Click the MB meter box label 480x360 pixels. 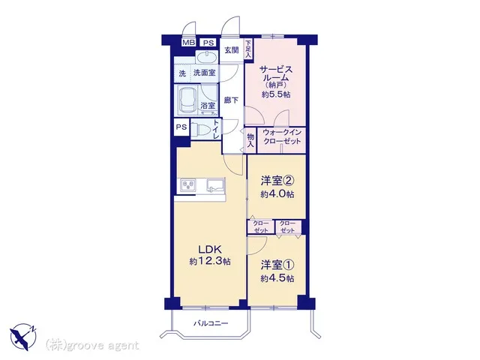click(x=188, y=43)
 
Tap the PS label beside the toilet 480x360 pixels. click(x=181, y=127)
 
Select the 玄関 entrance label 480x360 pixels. click(x=232, y=50)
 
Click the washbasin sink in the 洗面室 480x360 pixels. click(x=207, y=57)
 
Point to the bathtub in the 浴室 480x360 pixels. click(x=187, y=100)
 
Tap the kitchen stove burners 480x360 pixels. click(x=188, y=185)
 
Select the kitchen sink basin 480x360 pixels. click(x=216, y=185)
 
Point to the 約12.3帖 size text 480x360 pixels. click(x=210, y=262)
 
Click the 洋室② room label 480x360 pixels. click(x=277, y=181)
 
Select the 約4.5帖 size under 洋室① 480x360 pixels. click(x=277, y=278)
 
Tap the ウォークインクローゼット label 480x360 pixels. click(x=282, y=136)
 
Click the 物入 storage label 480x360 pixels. click(x=250, y=141)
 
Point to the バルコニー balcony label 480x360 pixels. click(x=211, y=323)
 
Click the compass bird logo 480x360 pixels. click(x=23, y=337)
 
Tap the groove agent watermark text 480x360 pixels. click(x=92, y=346)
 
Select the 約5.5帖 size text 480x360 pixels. click(x=276, y=94)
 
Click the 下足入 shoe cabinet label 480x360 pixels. click(x=248, y=49)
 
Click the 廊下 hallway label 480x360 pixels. click(x=231, y=100)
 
